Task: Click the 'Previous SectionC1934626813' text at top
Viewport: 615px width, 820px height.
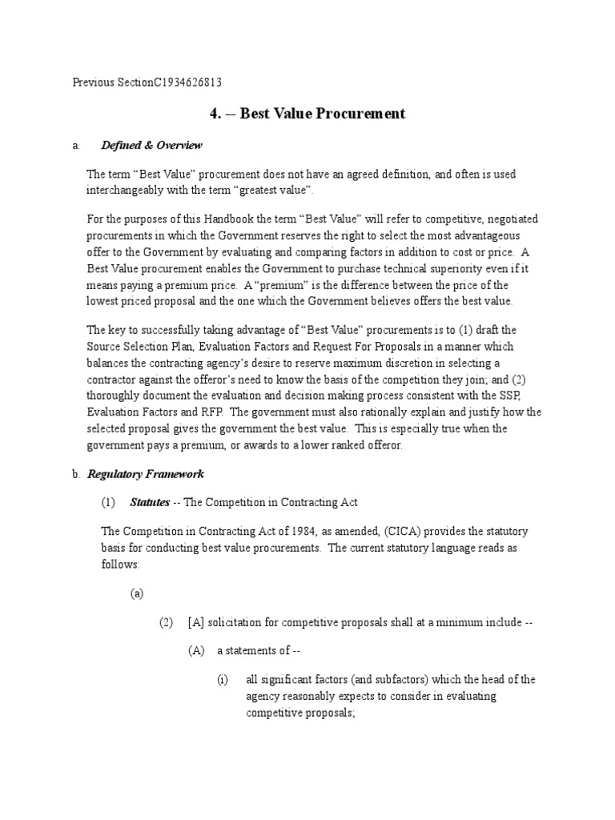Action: click(147, 82)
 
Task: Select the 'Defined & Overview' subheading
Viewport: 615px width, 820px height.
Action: click(151, 145)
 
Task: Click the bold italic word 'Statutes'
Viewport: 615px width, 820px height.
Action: click(151, 502)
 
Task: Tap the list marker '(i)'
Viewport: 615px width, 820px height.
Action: click(223, 679)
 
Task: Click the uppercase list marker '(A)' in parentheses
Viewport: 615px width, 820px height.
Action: click(197, 651)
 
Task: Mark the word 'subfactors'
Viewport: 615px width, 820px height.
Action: click(376, 679)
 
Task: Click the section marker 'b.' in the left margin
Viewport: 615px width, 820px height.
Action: click(76, 474)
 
